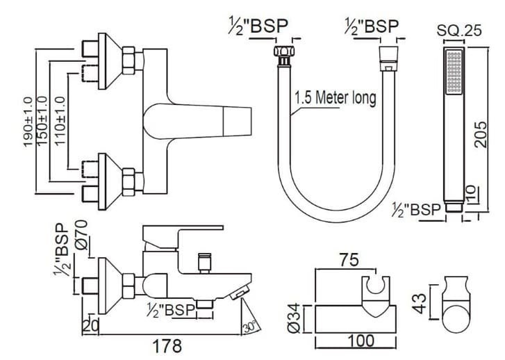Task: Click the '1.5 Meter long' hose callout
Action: click(x=334, y=98)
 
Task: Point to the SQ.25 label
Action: click(x=456, y=30)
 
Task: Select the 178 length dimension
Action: click(x=167, y=345)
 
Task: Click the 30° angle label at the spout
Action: click(x=250, y=325)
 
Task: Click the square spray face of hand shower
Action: click(x=454, y=73)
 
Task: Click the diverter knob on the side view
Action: click(x=204, y=261)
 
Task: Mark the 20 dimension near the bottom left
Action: click(x=90, y=323)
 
